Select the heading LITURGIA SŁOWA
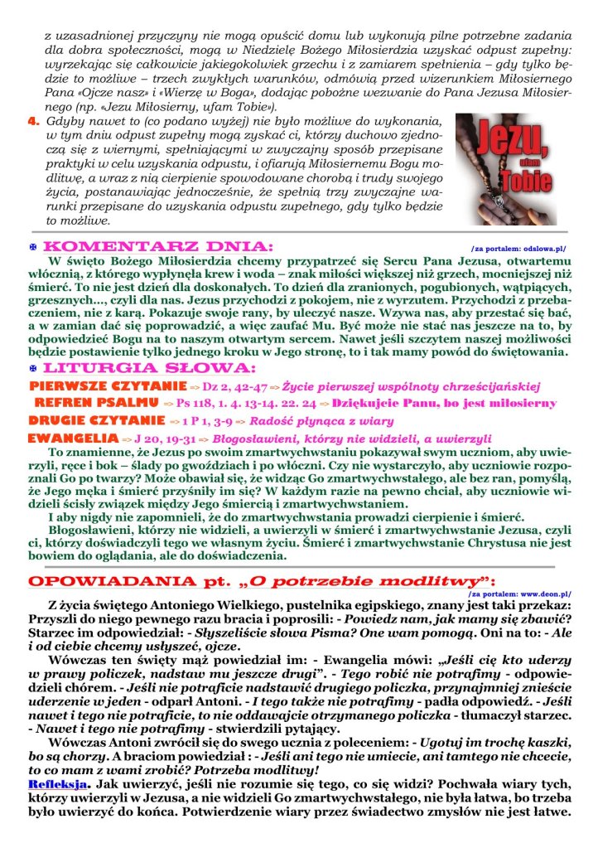click(x=149, y=367)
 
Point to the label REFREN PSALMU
click(x=99, y=403)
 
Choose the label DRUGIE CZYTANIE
click(x=96, y=420)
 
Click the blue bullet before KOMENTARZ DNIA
click(x=33, y=248)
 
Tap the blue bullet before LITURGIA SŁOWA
click(x=33, y=368)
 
